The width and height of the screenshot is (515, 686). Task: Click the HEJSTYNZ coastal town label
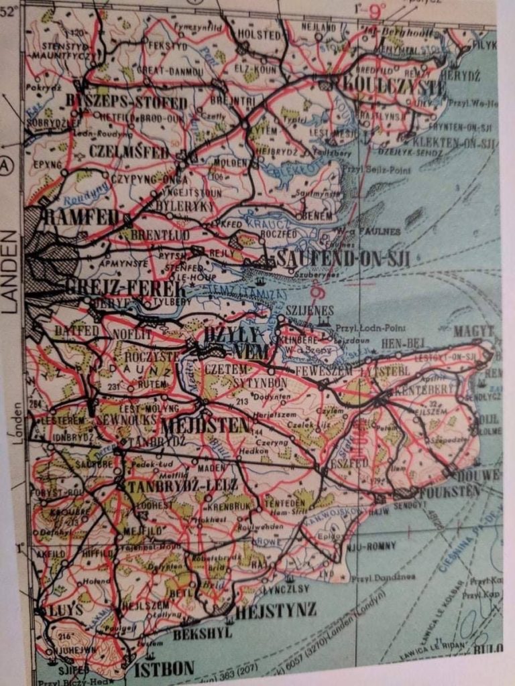276,611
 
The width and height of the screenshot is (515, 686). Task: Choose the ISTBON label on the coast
164,668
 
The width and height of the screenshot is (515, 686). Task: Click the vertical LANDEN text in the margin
10,272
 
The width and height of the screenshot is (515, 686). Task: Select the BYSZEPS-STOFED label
127,102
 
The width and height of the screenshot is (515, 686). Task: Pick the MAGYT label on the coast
473,331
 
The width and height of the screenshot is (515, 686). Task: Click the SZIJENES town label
309,311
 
